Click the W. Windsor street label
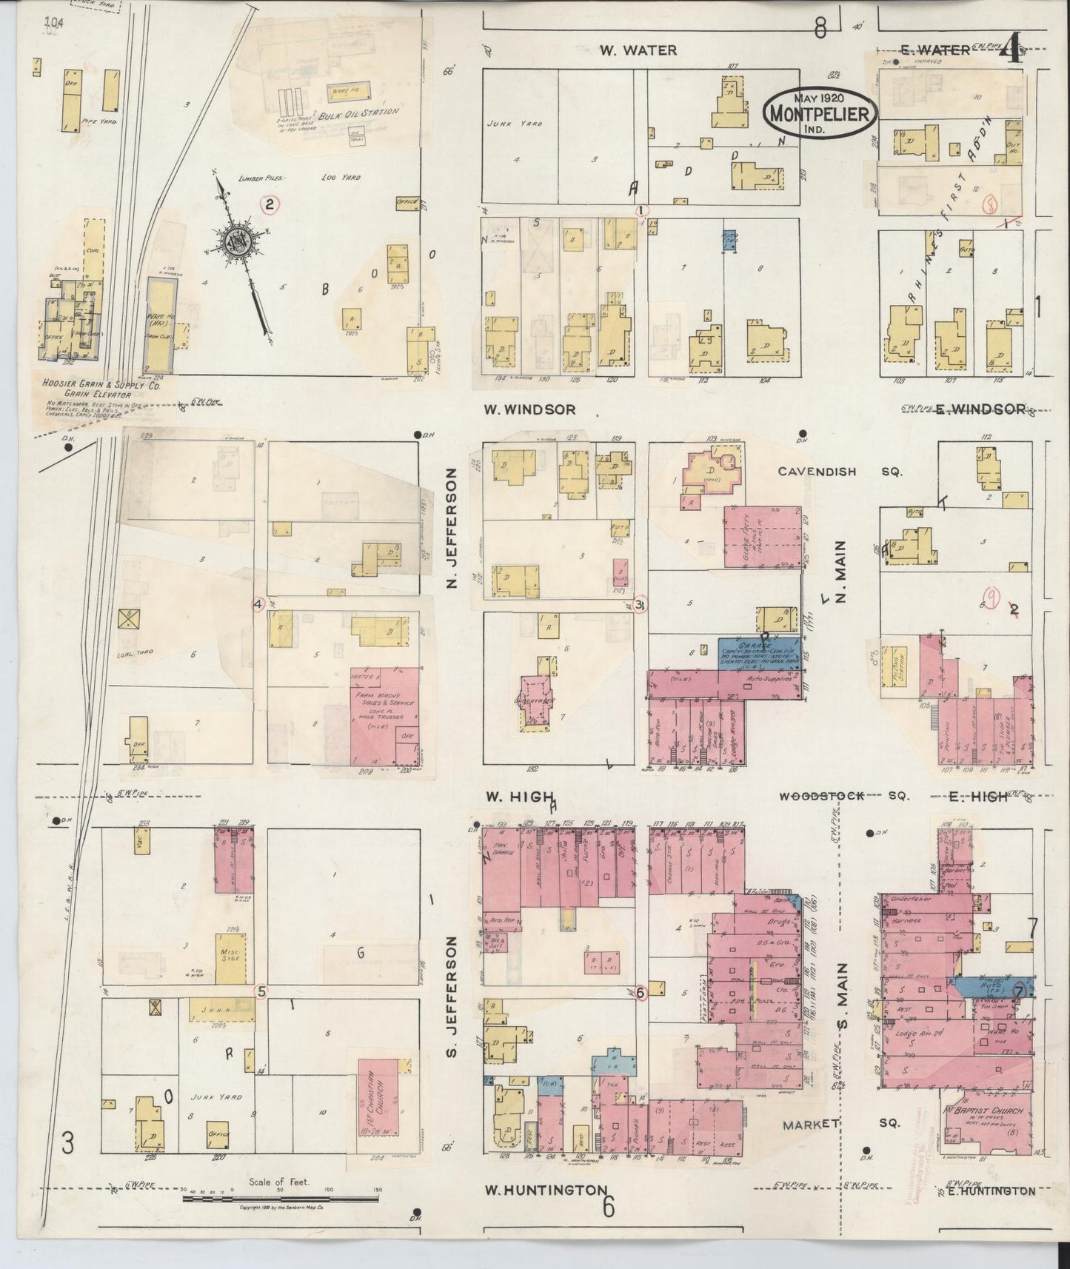(x=529, y=409)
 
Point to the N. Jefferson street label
(x=449, y=532)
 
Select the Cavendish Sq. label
(x=838, y=471)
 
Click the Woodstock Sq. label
(x=843, y=796)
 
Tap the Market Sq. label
(x=841, y=1123)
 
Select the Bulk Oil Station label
(x=358, y=113)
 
